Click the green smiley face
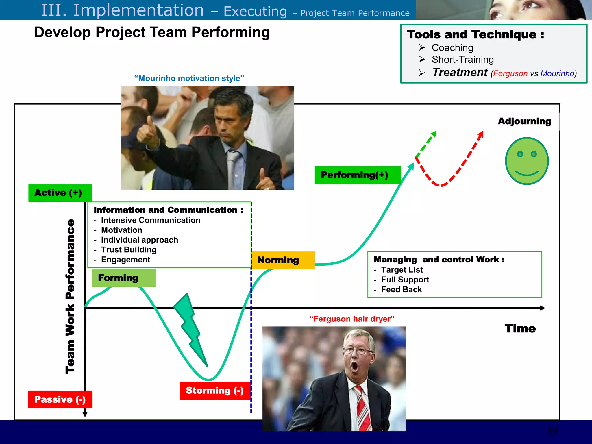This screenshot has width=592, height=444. tap(527, 161)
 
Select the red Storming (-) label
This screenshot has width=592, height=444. tap(215, 391)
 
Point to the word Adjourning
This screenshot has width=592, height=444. tap(524, 121)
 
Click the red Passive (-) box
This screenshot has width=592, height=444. tap(60, 399)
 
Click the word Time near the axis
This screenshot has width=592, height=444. tap(520, 329)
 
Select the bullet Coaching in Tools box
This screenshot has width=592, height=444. tap(452, 48)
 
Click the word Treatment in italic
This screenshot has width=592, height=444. tap(460, 72)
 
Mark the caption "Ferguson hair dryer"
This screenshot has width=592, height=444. tap(352, 319)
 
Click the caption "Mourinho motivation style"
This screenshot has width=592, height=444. tap(189, 78)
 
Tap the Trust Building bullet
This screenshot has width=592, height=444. tap(129, 250)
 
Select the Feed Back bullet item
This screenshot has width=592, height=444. tap(401, 290)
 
